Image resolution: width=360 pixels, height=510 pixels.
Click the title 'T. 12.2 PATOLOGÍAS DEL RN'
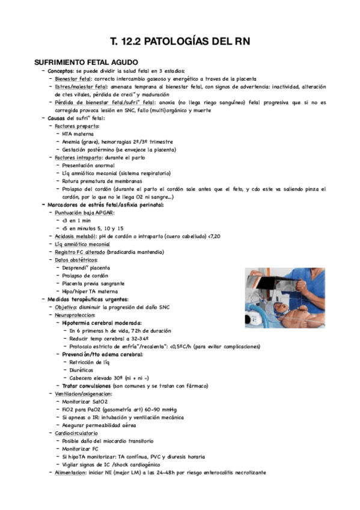pos(180,41)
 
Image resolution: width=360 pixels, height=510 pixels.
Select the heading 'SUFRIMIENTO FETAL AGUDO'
pos(87,62)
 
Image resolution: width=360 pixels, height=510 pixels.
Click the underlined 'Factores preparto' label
pos(77,126)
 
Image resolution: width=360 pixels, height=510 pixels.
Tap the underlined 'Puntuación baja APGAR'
pos(84,213)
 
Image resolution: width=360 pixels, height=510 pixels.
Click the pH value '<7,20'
pos(254,236)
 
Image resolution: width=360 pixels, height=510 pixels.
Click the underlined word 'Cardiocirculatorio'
pos(77,433)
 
